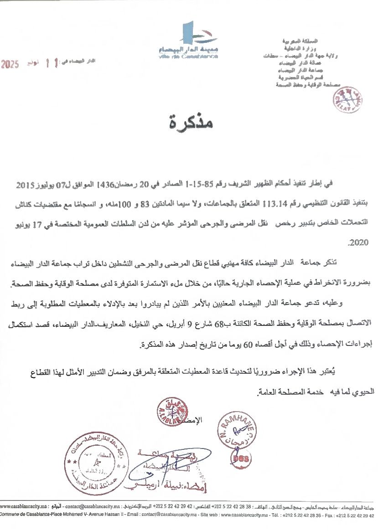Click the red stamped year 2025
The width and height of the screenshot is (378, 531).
coord(10,64)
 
